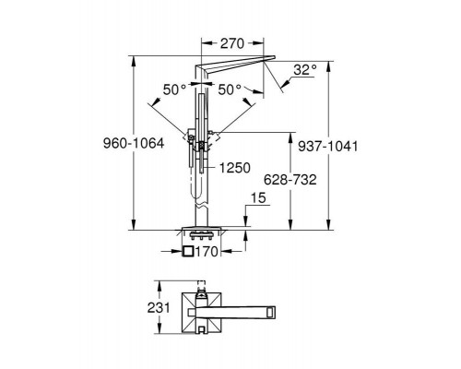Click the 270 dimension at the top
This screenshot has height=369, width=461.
click(x=232, y=43)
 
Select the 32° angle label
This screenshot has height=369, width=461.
click(x=304, y=70)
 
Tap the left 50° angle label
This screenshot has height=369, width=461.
click(x=174, y=89)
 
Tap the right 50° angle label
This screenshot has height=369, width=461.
click(x=230, y=89)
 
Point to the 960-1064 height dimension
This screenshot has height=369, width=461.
click(x=134, y=143)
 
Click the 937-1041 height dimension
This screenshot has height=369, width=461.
click(x=328, y=147)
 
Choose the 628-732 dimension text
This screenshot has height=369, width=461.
click(x=290, y=180)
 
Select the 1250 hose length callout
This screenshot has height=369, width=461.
click(x=235, y=168)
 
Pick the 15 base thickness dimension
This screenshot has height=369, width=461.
click(x=258, y=198)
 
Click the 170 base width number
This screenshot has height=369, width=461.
click(x=207, y=252)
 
